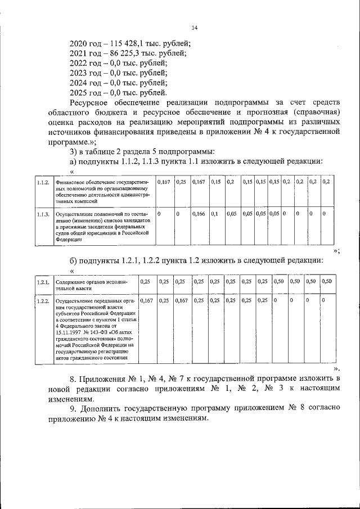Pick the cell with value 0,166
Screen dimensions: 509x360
coord(199,214)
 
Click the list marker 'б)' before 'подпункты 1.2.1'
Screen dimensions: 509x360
coord(74,260)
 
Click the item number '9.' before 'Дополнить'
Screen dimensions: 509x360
coord(74,409)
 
